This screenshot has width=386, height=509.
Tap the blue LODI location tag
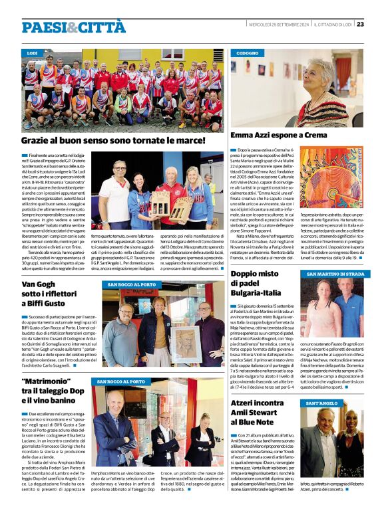click(32, 52)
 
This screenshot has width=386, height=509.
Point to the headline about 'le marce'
click(113, 141)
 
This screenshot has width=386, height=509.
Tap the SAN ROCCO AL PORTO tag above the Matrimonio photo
click(120, 381)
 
